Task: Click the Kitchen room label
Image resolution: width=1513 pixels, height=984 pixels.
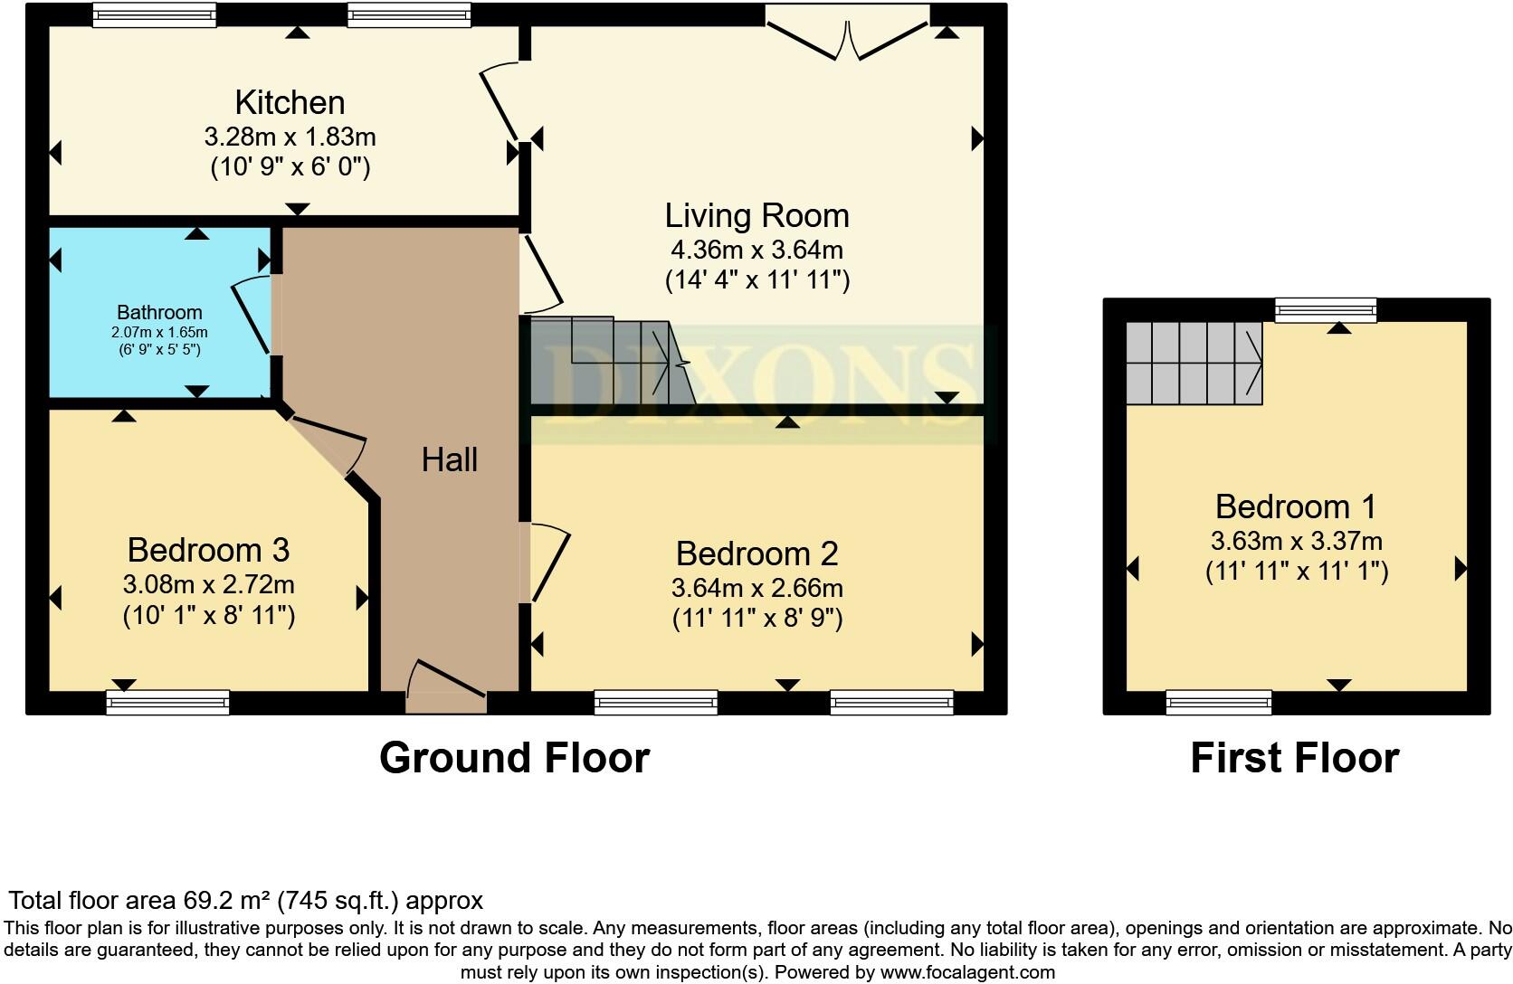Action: click(290, 102)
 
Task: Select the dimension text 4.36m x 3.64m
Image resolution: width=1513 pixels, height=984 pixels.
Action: click(756, 249)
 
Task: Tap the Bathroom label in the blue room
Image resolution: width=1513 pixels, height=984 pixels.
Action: click(159, 313)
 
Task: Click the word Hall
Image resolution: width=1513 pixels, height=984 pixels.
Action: click(449, 460)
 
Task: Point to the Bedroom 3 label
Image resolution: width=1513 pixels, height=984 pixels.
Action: click(208, 550)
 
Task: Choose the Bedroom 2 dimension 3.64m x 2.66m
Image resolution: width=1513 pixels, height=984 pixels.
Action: click(756, 588)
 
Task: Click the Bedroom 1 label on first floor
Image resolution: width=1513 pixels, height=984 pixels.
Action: click(1296, 506)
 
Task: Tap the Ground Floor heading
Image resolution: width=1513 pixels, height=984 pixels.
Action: click(514, 758)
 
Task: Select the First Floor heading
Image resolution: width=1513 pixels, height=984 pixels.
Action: click(1294, 758)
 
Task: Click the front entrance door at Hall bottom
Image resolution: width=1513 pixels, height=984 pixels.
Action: click(447, 687)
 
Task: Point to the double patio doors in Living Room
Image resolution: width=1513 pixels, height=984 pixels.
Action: click(848, 36)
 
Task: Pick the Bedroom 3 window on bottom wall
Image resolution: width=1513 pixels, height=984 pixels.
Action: click(168, 702)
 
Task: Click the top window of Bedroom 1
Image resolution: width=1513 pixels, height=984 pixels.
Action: click(1326, 310)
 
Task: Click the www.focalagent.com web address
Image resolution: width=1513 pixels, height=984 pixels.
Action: click(967, 973)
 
